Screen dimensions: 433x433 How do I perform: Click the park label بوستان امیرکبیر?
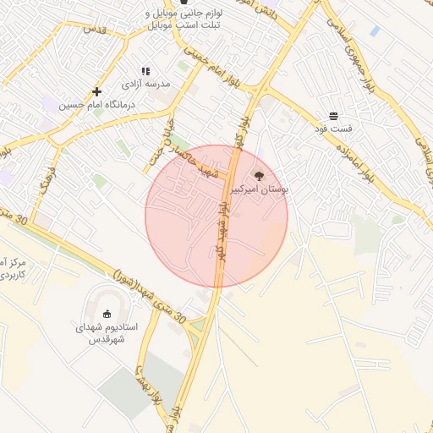260,190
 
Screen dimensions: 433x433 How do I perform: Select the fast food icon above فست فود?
334,115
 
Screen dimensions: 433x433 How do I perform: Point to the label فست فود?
334,129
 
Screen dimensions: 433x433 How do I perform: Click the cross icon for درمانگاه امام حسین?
97,91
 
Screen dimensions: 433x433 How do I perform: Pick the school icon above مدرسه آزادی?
145,72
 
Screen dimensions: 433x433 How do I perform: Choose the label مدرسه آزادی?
145,85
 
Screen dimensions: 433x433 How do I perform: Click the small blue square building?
375,31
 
